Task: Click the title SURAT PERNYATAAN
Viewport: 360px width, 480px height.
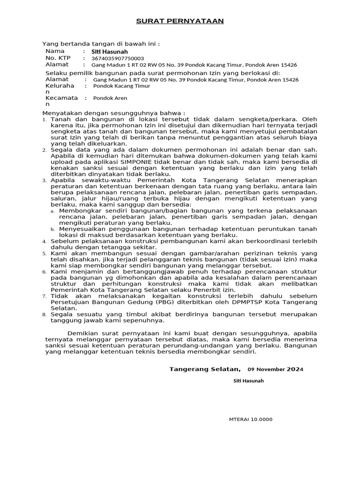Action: click(x=180, y=21)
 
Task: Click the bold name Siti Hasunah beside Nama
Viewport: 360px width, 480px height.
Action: click(x=109, y=52)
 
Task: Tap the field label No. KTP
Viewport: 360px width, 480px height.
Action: click(x=57, y=58)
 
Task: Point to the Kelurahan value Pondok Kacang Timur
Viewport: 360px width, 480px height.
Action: click(x=121, y=86)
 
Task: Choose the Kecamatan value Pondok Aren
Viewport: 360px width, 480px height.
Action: click(x=110, y=98)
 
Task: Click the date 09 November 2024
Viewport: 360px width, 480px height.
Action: click(x=275, y=369)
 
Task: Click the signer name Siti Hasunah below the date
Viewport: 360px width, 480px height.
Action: click(x=248, y=381)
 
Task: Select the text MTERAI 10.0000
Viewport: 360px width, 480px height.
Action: click(x=250, y=420)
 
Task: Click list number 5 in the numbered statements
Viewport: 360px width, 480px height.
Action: click(x=45, y=254)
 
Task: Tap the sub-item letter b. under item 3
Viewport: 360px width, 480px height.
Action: click(x=53, y=229)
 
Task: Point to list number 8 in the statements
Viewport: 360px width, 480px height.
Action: click(x=45, y=315)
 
